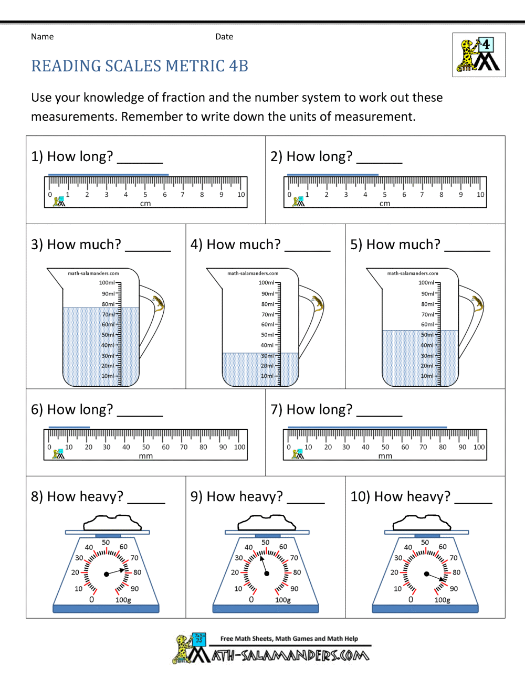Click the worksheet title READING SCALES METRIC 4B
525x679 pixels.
point(140,66)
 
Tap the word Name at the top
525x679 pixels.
point(42,37)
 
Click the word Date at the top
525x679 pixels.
point(224,37)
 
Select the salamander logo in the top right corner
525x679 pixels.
point(479,55)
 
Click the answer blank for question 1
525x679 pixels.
point(140,160)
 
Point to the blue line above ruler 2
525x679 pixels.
point(332,174)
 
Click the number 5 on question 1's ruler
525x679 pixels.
point(145,195)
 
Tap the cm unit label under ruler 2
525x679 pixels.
point(385,204)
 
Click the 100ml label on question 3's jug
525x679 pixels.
point(107,283)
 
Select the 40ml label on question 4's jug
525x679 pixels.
point(267,345)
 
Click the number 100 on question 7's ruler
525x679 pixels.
point(479,448)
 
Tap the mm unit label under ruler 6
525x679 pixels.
point(145,457)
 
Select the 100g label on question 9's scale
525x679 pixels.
point(282,600)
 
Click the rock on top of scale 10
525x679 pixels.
point(422,523)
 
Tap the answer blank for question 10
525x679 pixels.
point(473,500)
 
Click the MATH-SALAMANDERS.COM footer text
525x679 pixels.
point(290,655)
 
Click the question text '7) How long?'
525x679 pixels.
point(311,409)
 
